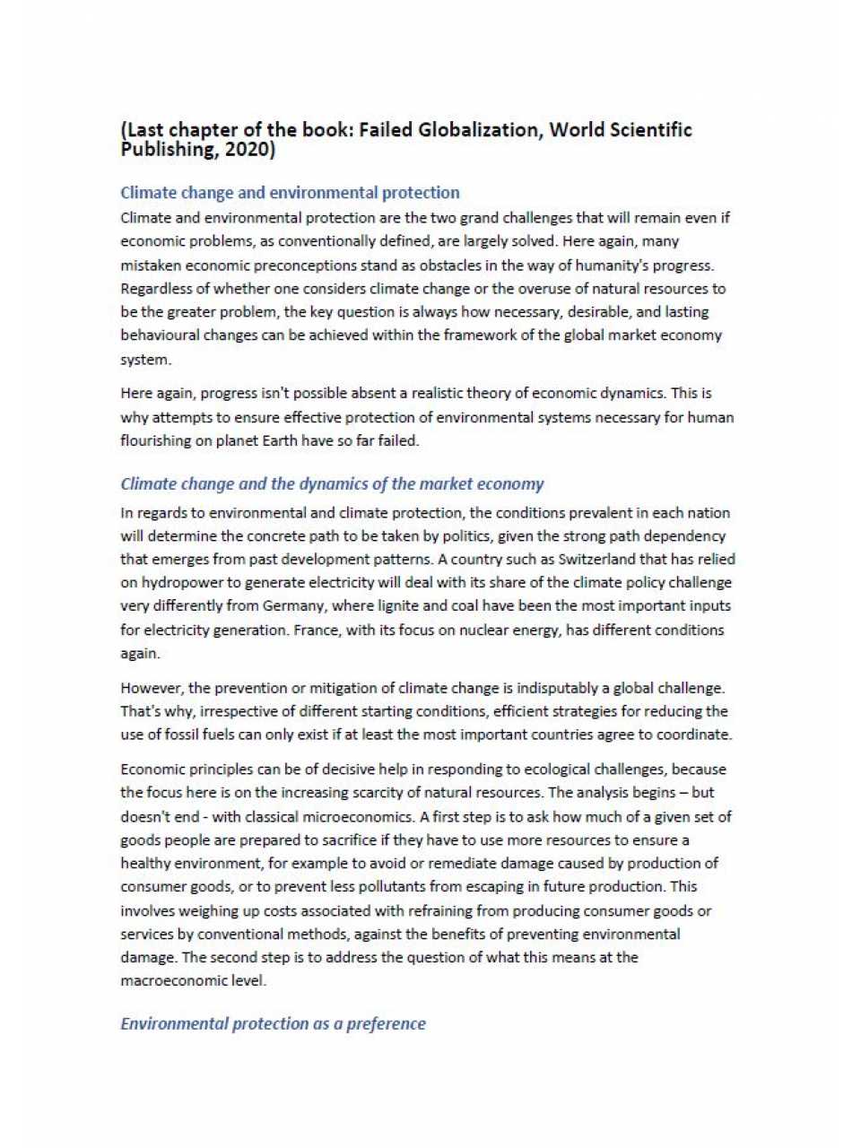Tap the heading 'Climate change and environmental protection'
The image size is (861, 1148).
290,193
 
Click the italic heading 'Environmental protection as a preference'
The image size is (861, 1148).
273,1024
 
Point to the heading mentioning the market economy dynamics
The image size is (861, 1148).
332,484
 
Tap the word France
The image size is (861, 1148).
316,631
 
